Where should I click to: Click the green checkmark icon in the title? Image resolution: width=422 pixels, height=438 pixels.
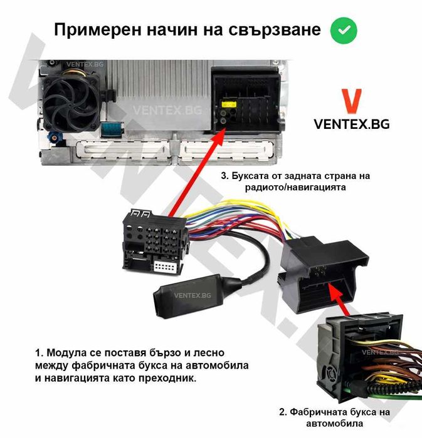344,29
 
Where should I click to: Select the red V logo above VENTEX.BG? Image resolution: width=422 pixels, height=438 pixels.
351,102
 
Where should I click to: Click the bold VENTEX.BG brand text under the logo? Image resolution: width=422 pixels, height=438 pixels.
351,124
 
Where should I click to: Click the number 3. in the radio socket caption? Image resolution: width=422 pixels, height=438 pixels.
226,175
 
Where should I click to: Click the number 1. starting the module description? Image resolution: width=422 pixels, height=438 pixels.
40,353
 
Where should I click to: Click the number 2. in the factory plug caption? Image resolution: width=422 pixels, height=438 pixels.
282,412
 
